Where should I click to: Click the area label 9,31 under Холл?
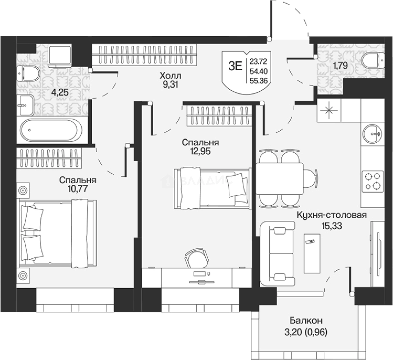point(170,85)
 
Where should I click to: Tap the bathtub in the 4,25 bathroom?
point(51,130)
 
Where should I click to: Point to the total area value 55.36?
point(258,80)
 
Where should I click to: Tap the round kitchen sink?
point(372,134)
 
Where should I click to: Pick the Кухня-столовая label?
point(332,215)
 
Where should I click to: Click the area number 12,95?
point(201,151)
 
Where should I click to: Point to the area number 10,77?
point(78,188)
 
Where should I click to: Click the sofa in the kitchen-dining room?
point(277,253)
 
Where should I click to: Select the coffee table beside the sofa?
point(312,253)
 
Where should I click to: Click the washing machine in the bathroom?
point(60,55)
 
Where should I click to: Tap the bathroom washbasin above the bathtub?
point(25,105)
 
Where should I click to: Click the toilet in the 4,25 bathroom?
point(28,74)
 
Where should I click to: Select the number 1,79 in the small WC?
point(340,66)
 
